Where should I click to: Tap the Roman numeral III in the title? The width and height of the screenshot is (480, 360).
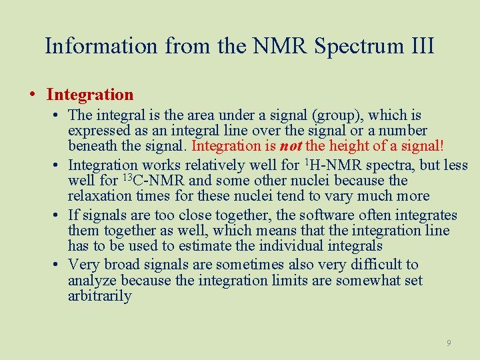(x=419, y=46)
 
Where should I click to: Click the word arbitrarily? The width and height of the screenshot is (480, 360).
(x=99, y=297)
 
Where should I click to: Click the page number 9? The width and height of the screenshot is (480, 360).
(x=449, y=343)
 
